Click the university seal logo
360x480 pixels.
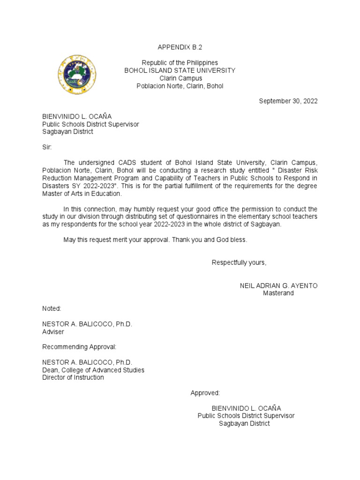click(x=76, y=75)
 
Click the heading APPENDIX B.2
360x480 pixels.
click(x=180, y=47)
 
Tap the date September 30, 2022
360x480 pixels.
click(x=288, y=101)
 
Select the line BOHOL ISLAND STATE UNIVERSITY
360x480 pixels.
click(x=180, y=70)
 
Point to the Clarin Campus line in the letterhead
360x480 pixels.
click(x=180, y=78)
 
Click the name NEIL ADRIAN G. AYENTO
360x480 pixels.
click(x=278, y=285)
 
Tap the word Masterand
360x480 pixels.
click(x=278, y=293)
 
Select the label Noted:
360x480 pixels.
click(x=52, y=308)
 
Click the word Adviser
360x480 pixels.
click(x=53, y=331)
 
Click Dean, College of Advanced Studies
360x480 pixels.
click(x=93, y=370)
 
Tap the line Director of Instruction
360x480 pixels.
click(x=73, y=377)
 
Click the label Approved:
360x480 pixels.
click(x=205, y=393)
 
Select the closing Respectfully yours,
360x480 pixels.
click(x=239, y=262)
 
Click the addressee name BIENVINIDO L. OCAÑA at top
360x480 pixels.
click(x=77, y=116)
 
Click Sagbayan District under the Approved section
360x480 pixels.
click(x=245, y=423)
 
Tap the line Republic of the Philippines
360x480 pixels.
click(x=180, y=63)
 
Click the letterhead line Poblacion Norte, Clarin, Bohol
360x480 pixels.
click(x=180, y=86)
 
